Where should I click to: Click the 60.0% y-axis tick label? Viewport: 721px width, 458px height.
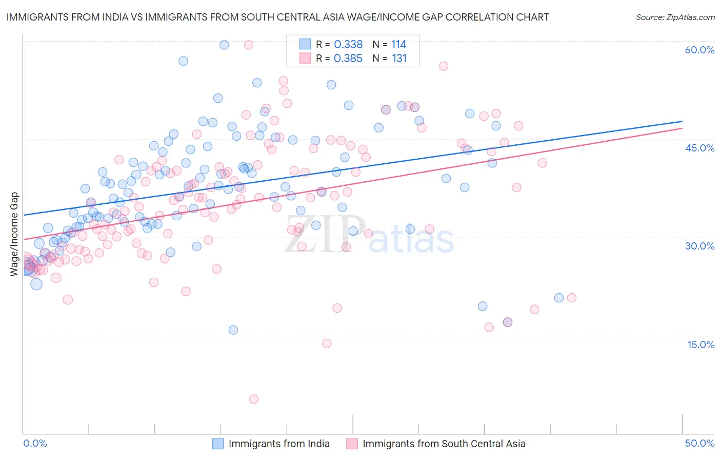point(699,50)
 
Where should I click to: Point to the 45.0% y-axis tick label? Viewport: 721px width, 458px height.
point(699,148)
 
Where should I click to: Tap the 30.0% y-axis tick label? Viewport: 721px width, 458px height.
point(699,246)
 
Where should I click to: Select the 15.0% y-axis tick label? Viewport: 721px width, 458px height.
point(700,345)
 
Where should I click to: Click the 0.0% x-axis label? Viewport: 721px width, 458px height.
point(35,443)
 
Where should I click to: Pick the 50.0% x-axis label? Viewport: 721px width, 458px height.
point(699,443)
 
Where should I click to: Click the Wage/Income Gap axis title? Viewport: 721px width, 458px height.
point(14,234)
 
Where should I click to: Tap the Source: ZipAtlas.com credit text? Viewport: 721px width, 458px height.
point(675,17)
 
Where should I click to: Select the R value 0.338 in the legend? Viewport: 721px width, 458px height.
point(348,45)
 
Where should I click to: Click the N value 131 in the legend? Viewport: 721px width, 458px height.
point(399,59)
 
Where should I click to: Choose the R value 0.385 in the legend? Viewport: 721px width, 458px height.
point(348,59)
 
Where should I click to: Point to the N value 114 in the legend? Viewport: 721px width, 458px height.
point(398,45)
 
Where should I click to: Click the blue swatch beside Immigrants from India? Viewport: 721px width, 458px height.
point(218,444)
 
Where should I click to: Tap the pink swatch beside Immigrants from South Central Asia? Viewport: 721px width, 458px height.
point(352,444)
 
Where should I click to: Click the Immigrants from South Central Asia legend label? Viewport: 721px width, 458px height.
point(444,444)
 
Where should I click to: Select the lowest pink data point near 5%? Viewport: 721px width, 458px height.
point(253,399)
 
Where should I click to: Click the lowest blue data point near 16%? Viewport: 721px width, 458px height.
point(233,330)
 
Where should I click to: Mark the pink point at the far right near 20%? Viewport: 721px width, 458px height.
point(571,298)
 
